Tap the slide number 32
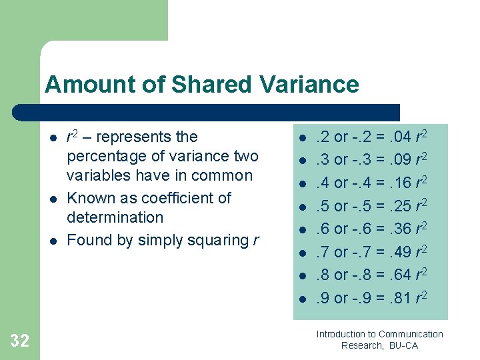(20, 341)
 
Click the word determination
(115, 217)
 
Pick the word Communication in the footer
(411, 334)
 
